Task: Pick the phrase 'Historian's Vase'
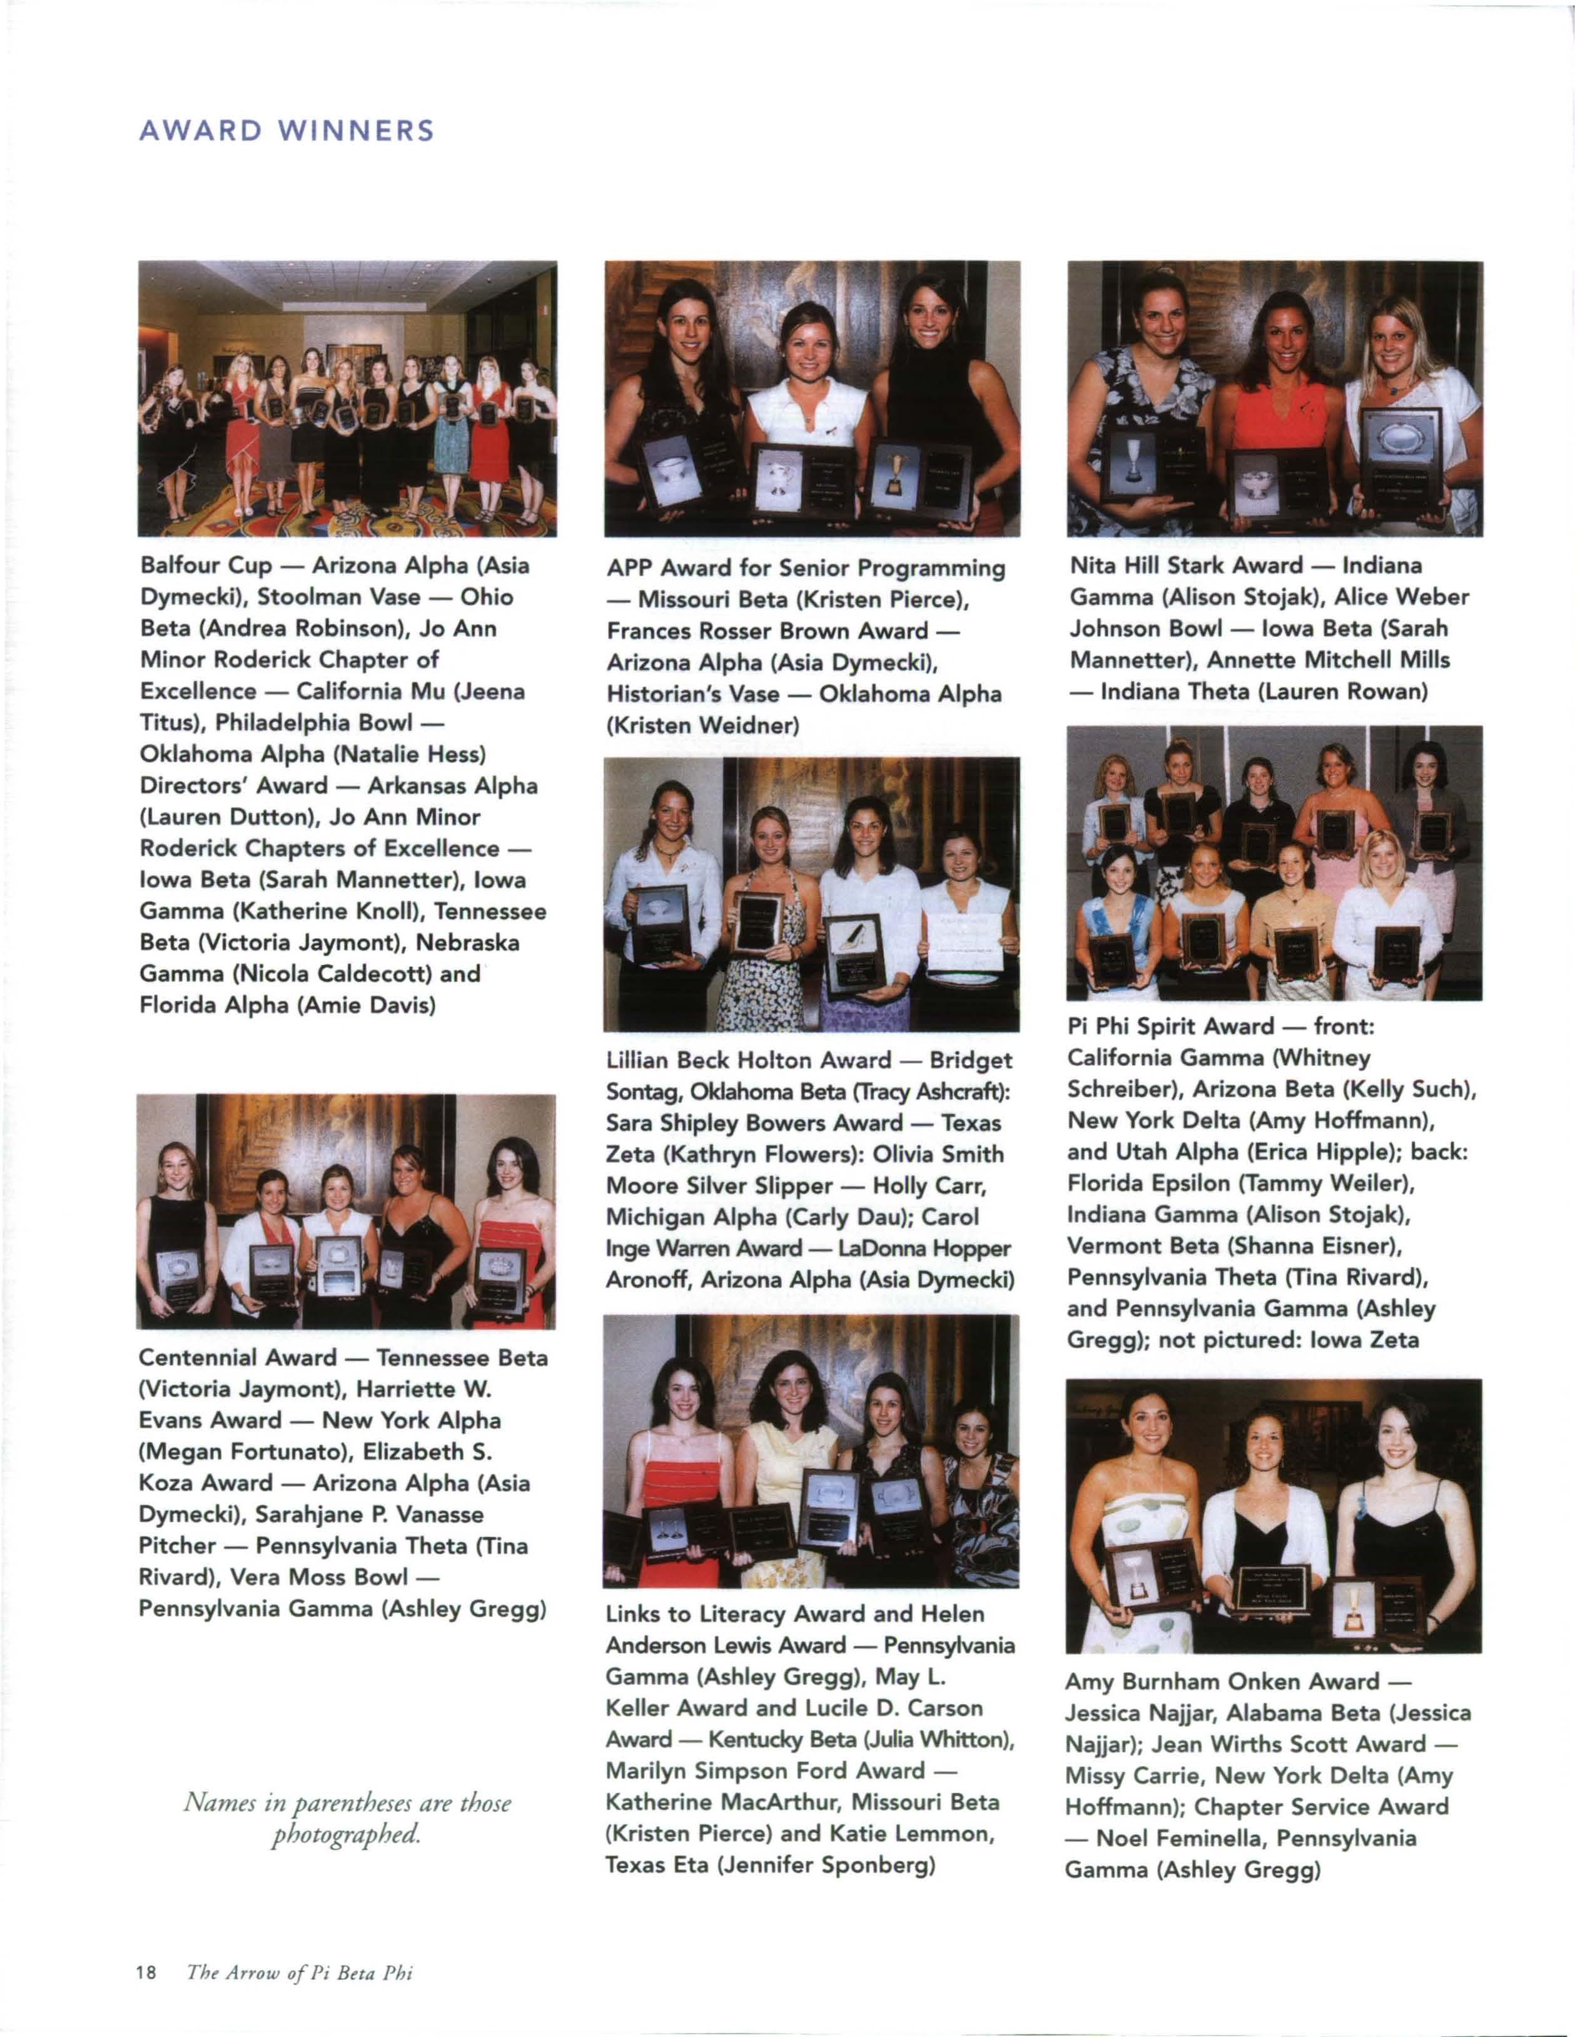tap(693, 694)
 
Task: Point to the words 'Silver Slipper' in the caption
tap(764, 1185)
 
